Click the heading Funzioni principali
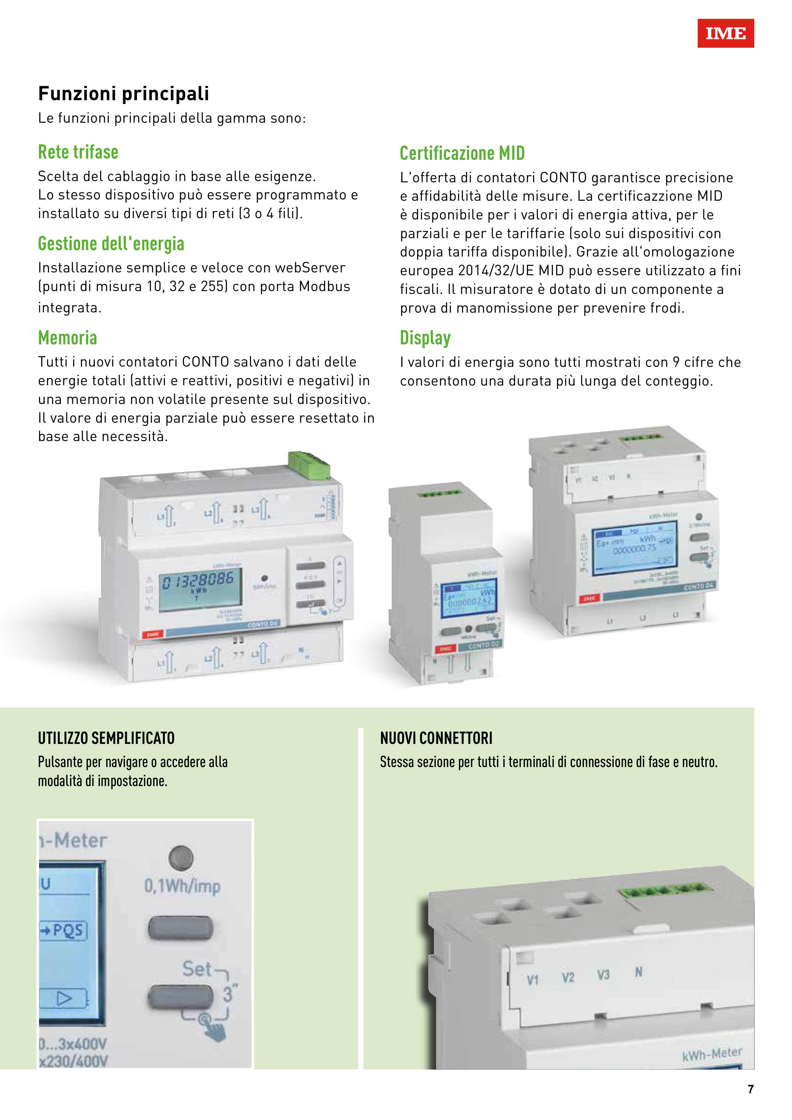123,93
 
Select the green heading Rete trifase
78,152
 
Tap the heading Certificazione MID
462,153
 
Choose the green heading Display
425,338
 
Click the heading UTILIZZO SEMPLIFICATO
106,738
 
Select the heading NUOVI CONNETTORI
436,738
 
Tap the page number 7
750,1089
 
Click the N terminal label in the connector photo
638,972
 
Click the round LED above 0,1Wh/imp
181,857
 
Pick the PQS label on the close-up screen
67,930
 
